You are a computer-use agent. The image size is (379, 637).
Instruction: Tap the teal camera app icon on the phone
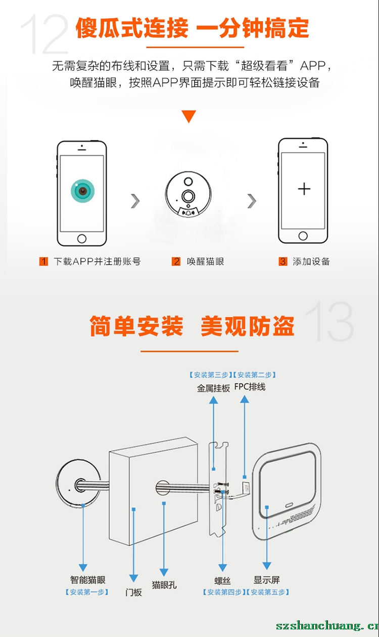tap(82, 191)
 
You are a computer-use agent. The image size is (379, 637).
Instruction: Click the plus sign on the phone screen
tap(304, 189)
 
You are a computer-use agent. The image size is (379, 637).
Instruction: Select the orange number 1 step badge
tap(43, 261)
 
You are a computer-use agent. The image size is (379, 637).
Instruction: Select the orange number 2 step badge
tap(176, 261)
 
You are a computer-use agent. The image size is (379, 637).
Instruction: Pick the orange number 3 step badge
tap(283, 261)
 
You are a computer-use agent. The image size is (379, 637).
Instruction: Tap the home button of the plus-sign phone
tap(303, 236)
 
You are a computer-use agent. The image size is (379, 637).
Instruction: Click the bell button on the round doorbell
tap(188, 212)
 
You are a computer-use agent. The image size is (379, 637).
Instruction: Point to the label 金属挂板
tap(213, 388)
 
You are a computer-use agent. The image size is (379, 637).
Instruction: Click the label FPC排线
tap(250, 387)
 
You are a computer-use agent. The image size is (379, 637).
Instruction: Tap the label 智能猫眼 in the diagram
tap(87, 579)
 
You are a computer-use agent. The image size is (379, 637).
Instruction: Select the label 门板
tap(133, 593)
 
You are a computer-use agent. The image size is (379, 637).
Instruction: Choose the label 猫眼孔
tap(164, 585)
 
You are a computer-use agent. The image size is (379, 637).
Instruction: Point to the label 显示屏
tap(267, 579)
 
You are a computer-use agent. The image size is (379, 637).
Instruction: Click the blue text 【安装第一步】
tap(87, 592)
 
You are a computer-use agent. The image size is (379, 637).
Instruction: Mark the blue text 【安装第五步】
tap(267, 592)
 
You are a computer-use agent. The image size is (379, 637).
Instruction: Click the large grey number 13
tap(329, 321)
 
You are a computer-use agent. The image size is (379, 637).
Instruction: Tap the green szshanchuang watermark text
tap(327, 625)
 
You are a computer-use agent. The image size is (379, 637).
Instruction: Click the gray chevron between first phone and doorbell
tap(135, 201)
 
